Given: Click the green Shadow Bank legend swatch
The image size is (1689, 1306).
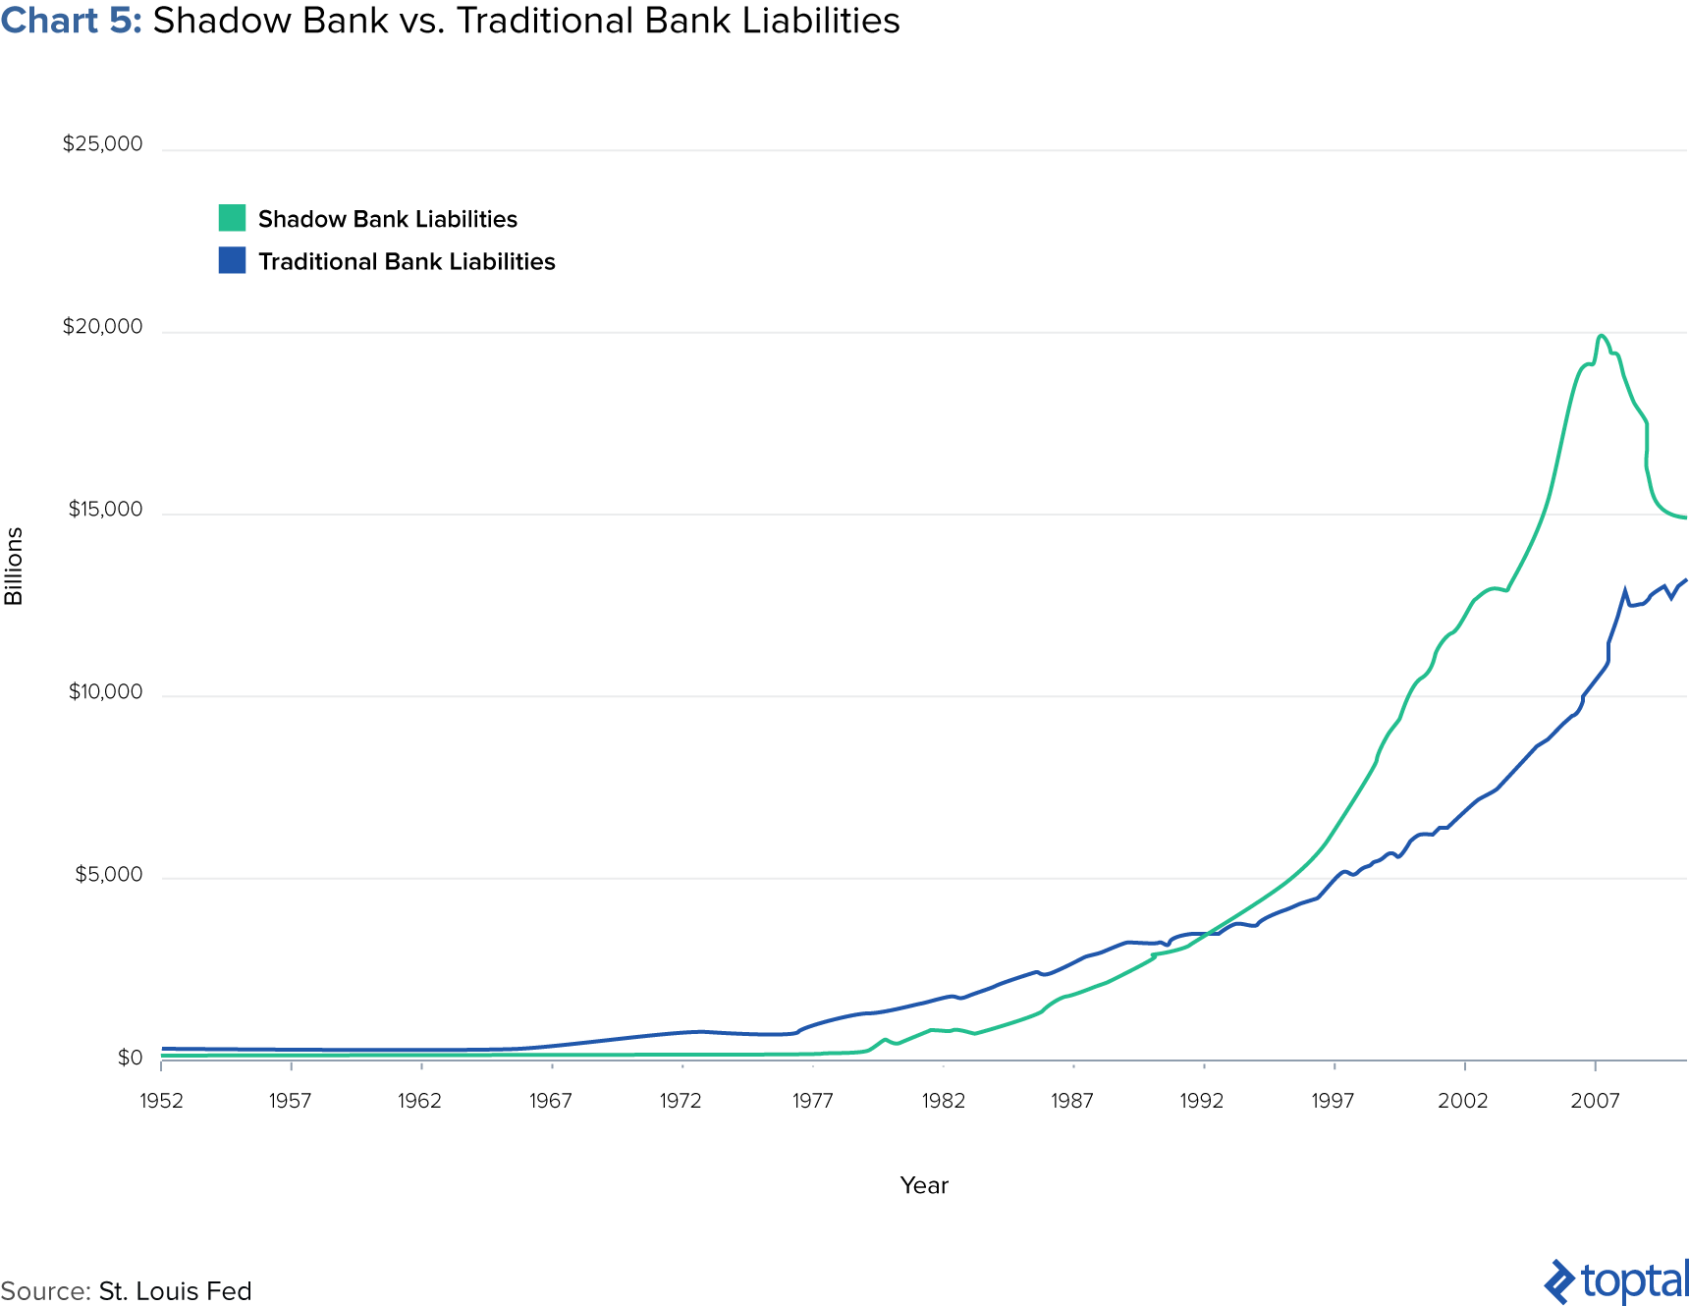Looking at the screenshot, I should pos(232,218).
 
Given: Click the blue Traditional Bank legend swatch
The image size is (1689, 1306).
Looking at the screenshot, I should pos(232,260).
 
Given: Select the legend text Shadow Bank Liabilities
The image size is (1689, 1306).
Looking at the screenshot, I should pos(387,219).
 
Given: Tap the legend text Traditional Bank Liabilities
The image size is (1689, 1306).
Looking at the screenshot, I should pos(407,261).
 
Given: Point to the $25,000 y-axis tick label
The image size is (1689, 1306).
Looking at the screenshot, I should pos(102,144).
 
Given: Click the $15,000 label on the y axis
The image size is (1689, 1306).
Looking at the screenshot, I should pos(105,510).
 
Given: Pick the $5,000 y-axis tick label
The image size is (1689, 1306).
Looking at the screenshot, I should pos(108,875).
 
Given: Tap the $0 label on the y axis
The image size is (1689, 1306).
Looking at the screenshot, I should pos(130,1058).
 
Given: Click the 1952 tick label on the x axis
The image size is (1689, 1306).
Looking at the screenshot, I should pos(161,1101).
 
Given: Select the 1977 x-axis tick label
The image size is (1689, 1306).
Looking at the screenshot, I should pos(812,1101).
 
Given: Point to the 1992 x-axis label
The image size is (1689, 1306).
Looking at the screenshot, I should pos(1202,1101).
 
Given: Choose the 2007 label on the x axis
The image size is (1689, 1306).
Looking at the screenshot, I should pos(1595,1101).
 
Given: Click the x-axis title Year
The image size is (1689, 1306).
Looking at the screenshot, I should pos(924,1185).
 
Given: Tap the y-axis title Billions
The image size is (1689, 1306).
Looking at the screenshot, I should pos(14,566).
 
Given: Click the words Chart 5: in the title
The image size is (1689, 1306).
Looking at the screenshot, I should pos(71,21).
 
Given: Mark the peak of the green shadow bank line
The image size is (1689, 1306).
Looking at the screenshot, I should pos(1602,336).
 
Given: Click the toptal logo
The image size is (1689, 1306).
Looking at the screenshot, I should pos(1616,1281).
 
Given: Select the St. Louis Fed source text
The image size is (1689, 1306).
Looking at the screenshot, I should pos(175,1291).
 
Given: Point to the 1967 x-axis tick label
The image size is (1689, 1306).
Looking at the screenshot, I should pos(550,1101).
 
